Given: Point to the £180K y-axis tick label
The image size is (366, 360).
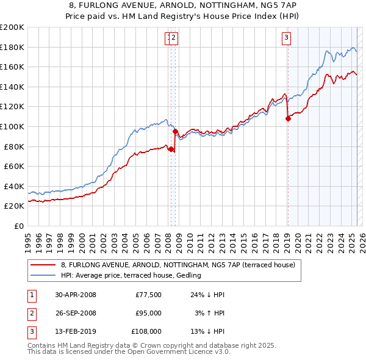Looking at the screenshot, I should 12,47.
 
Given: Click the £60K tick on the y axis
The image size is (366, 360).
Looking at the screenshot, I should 14,166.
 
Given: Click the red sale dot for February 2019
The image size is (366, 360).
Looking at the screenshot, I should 288,119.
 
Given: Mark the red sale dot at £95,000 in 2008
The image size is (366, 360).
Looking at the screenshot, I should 175,131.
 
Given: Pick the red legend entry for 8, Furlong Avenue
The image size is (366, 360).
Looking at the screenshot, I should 178,265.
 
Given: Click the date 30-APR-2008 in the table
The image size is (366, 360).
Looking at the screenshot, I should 76,295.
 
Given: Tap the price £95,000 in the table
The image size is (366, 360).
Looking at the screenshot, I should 148,313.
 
